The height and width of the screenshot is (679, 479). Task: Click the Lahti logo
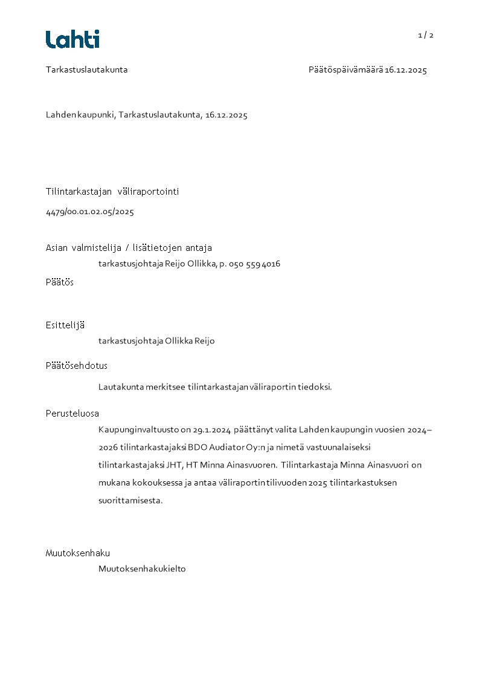tap(72, 39)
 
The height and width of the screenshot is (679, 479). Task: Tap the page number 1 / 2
tap(425, 35)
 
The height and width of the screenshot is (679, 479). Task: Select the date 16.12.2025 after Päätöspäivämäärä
tap(406, 70)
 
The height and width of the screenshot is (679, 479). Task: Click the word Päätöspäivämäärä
tap(346, 70)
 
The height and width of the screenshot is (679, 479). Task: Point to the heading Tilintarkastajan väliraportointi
tap(112, 192)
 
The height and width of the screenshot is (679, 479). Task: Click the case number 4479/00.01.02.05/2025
tap(90, 212)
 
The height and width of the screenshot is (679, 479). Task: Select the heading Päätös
tap(60, 282)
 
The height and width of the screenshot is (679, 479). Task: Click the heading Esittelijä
tap(65, 325)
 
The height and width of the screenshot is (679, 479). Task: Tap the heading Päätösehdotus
tap(77, 366)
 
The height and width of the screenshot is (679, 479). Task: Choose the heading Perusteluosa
tap(72, 414)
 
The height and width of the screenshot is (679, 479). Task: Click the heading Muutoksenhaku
tap(78, 553)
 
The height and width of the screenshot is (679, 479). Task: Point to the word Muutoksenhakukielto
tap(142, 569)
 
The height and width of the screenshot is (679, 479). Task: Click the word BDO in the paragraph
tap(198, 448)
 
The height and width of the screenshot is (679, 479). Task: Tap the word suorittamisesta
tap(130, 501)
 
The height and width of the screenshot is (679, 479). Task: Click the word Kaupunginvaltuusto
tap(139, 430)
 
